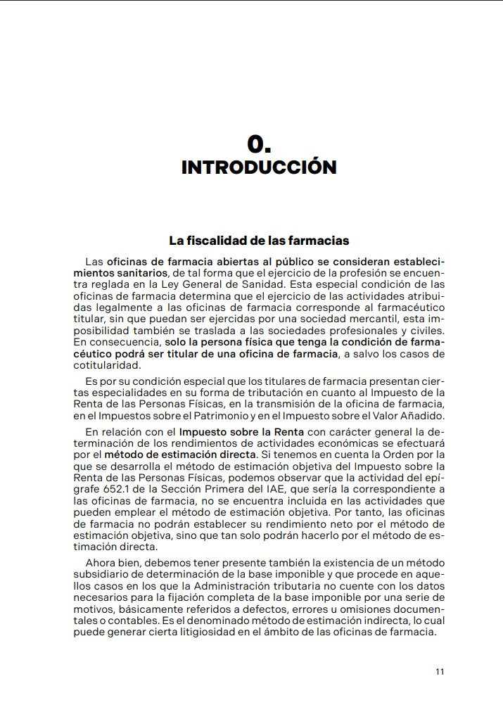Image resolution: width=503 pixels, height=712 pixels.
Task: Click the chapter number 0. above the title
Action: point(259,144)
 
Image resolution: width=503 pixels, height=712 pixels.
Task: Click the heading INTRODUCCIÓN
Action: point(259,167)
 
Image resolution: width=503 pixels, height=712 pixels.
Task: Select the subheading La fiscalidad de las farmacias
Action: point(259,241)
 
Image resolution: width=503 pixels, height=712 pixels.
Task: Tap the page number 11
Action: point(440,671)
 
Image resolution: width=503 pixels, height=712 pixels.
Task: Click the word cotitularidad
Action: point(106,365)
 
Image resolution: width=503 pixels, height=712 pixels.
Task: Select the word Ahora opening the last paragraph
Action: point(101,564)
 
